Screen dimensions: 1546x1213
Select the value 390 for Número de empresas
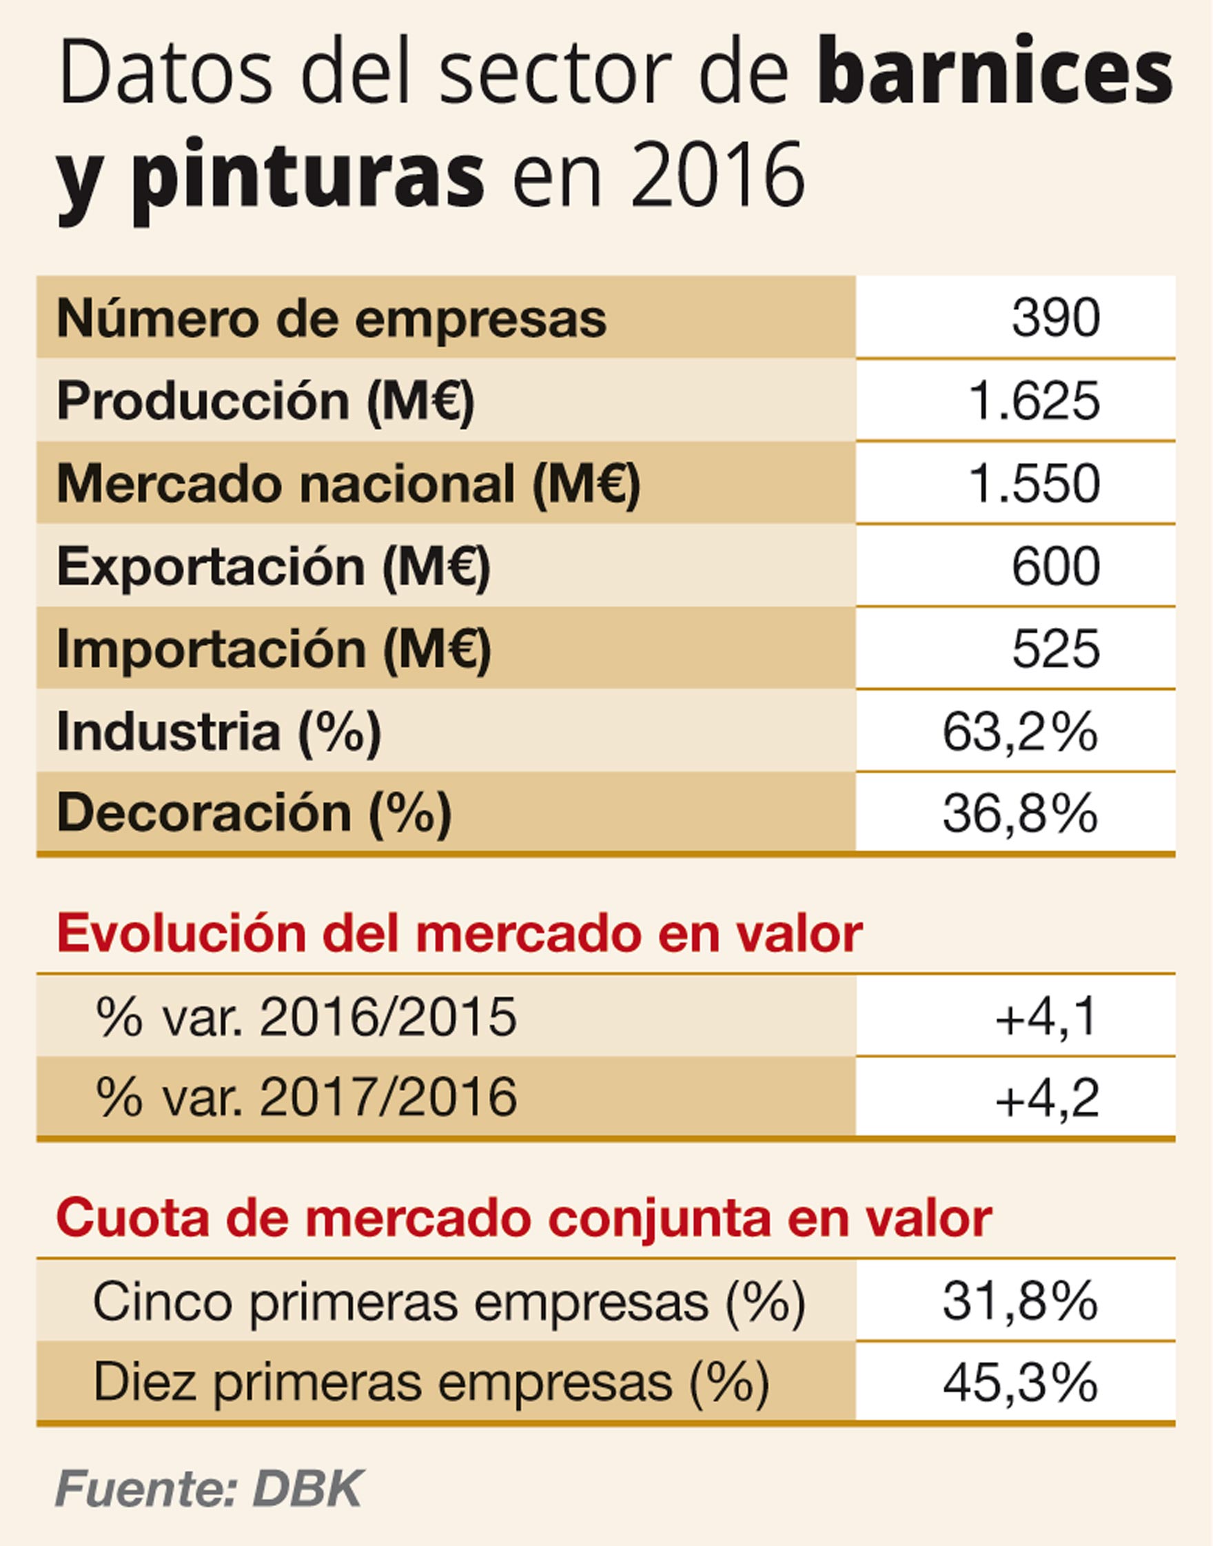pos(1055,318)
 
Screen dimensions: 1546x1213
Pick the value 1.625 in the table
pos(1034,401)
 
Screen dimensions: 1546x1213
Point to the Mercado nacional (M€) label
pos(348,485)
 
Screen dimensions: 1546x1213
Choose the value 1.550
pos(1034,485)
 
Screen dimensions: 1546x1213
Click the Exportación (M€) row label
pos(274,567)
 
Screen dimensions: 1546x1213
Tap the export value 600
pos(1055,567)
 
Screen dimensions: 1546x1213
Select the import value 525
pos(1055,649)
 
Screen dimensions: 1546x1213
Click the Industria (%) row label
pos(218,731)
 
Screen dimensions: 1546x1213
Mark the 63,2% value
pos(1020,731)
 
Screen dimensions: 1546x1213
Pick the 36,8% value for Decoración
pos(1020,813)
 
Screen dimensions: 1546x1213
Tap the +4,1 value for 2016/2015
pos(1047,1017)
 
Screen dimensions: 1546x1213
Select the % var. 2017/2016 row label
pos(305,1097)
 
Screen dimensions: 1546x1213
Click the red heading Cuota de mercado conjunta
pos(523,1217)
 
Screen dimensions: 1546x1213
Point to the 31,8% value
pos(1020,1301)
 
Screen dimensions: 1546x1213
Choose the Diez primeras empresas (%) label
pos(431,1382)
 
